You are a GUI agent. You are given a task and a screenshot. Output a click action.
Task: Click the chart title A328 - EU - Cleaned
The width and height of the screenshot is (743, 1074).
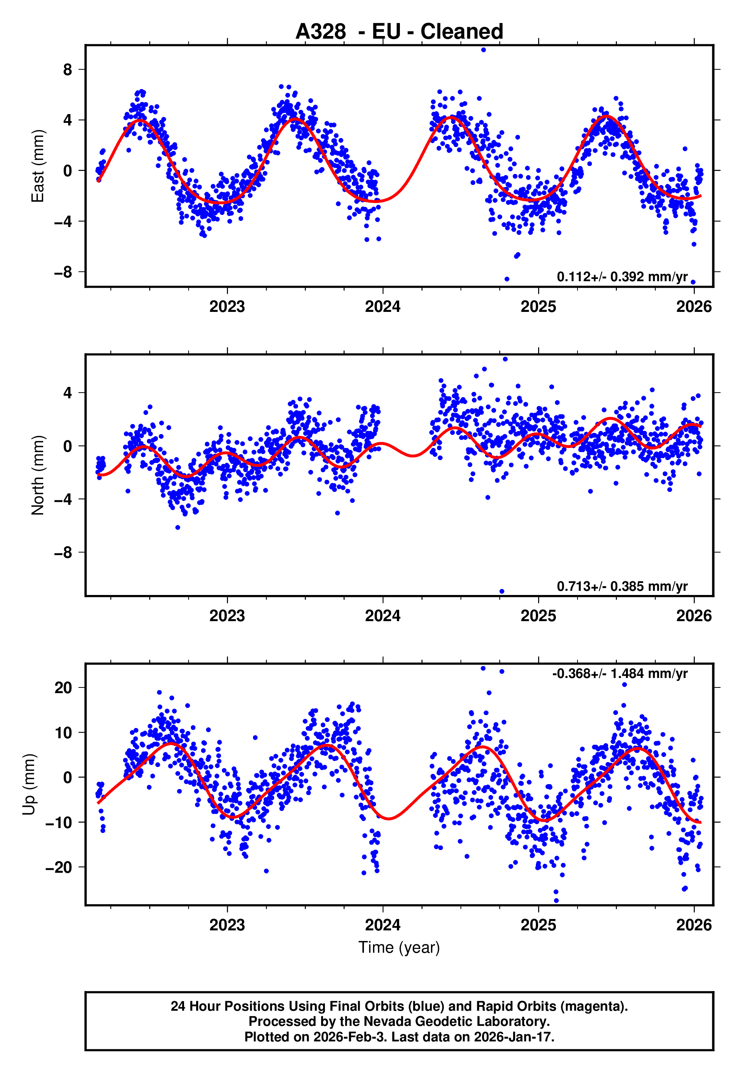[x=399, y=32]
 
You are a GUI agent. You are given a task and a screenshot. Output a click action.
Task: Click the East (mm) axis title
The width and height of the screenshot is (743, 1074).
[x=38, y=166]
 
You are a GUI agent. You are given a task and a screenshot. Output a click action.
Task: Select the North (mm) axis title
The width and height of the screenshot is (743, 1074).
[x=38, y=475]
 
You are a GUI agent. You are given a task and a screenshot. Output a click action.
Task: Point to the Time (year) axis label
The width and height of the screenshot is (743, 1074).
[x=399, y=947]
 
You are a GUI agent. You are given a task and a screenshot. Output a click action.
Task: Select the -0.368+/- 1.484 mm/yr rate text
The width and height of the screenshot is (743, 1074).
[x=620, y=673]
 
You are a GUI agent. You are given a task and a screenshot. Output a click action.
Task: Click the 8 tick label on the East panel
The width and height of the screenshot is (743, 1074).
[x=68, y=70]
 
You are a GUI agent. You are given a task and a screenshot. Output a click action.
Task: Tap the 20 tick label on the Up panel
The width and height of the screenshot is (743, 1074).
[x=63, y=688]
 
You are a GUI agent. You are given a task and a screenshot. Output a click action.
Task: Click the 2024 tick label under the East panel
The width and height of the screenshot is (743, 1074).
[x=383, y=307]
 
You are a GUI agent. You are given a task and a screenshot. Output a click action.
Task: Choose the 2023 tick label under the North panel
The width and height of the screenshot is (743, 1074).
[x=227, y=616]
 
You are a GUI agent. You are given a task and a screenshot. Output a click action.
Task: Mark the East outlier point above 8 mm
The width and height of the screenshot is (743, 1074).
[x=483, y=50]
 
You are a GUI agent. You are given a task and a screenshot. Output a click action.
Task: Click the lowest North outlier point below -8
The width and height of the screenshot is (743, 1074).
[x=502, y=592]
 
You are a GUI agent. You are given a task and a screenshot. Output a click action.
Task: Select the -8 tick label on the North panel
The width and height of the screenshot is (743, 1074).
[x=63, y=553]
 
